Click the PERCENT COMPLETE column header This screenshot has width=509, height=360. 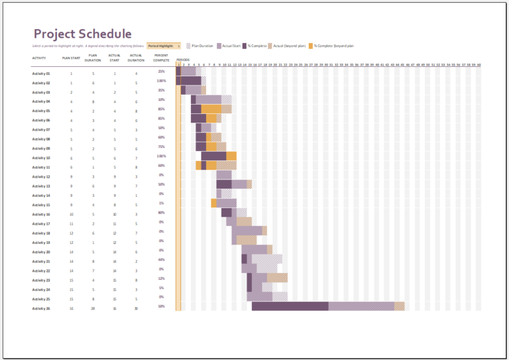coord(161,58)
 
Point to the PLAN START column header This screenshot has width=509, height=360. coord(71,58)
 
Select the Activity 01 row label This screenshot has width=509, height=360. coord(41,74)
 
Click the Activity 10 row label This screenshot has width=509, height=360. coord(41,158)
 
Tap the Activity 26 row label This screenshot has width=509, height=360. coord(41,308)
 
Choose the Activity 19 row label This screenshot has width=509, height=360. coord(41,243)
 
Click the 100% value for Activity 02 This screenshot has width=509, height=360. coord(161,80)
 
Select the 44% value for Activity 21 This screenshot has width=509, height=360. coord(161,259)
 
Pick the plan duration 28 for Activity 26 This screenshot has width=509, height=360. coord(93,308)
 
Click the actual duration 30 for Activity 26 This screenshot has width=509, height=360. coord(136,308)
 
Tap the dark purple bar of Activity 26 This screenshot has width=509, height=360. coord(290,306)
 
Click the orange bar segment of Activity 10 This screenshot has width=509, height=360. coord(231,156)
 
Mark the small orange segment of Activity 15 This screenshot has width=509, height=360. coord(213,203)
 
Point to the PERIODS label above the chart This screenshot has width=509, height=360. coord(183,60)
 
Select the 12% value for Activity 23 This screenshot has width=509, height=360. coord(161,278)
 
